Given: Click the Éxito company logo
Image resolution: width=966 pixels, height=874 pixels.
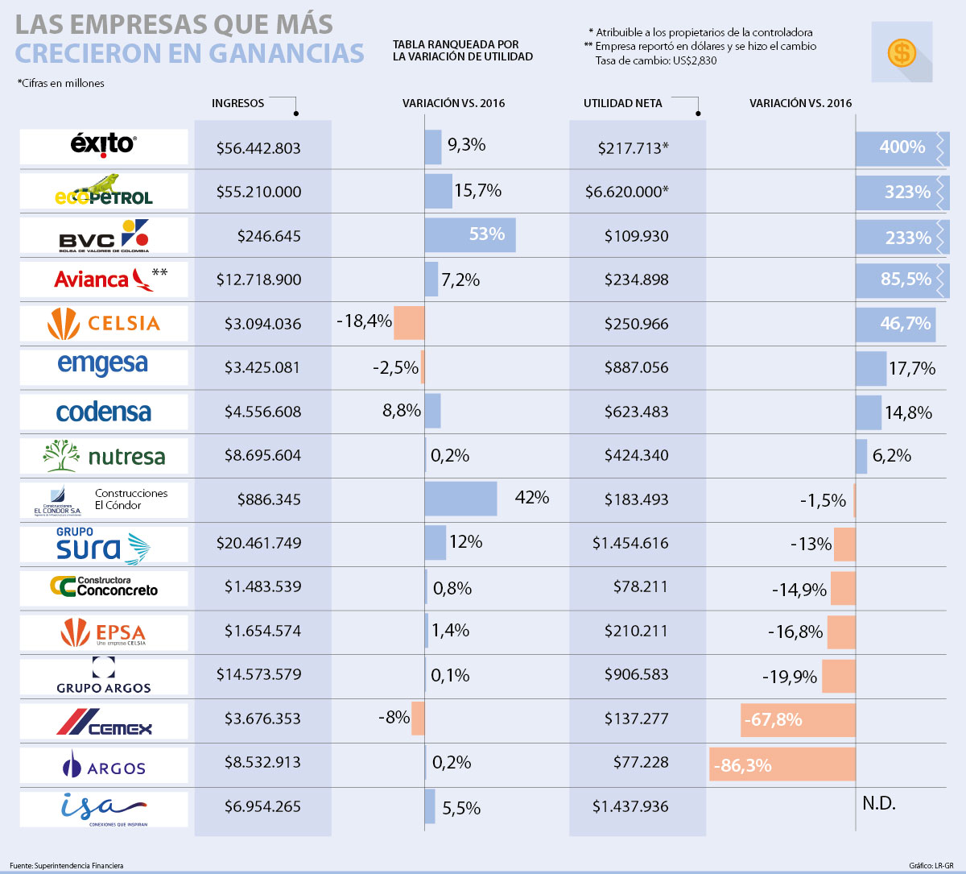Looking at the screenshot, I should (103, 146).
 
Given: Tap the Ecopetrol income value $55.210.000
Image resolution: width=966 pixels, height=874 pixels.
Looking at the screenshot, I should (258, 193).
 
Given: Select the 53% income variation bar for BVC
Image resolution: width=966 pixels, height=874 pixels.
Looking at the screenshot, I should (470, 234).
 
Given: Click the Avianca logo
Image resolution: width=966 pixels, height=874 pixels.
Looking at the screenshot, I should (103, 280).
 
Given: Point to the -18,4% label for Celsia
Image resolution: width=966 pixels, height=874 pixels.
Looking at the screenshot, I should (364, 322).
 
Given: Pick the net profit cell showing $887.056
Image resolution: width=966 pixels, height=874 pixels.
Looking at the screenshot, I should (636, 367).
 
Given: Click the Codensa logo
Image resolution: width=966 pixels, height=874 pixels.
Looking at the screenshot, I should (103, 412).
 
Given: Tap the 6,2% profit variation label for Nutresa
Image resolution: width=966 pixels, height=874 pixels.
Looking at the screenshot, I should (892, 456).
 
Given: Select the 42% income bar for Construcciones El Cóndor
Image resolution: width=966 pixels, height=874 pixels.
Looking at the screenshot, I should (460, 499).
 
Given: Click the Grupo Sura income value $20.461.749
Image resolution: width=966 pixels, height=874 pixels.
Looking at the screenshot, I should (258, 544).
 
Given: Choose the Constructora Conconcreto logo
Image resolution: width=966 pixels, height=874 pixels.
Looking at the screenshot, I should (103, 587).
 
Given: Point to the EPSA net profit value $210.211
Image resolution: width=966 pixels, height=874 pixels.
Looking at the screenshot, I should (636, 631).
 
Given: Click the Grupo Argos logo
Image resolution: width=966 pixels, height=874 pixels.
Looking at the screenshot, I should (103, 676).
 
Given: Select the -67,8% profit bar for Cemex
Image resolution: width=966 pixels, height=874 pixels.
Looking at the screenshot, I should (798, 719).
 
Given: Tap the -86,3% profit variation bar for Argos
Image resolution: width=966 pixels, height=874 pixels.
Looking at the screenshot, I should (782, 764).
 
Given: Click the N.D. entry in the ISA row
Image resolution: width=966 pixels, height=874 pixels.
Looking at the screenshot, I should (878, 804).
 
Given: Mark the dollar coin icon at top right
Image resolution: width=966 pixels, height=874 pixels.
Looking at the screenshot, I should (902, 53).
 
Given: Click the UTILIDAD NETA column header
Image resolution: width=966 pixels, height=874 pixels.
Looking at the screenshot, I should (622, 103).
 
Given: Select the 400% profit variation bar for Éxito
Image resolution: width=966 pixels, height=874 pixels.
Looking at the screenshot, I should (902, 148).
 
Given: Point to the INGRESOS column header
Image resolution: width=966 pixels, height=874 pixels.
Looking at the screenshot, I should (237, 103).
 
